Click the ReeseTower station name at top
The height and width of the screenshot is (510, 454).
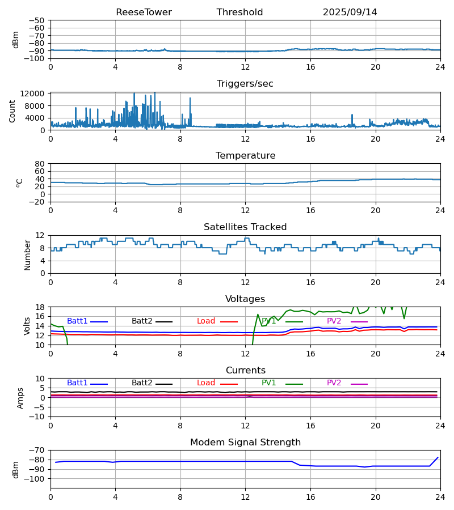[x=144, y=12]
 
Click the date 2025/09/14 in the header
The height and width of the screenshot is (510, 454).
[x=350, y=12]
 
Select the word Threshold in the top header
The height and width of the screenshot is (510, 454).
[x=239, y=12]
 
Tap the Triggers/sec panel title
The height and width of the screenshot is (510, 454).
[x=245, y=84]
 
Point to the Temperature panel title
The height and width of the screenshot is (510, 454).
[x=245, y=156]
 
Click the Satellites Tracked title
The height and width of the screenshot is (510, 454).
[x=245, y=227]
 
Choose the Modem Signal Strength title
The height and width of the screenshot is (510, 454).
[x=245, y=443]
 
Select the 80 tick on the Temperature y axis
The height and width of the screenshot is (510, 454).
[x=40, y=164]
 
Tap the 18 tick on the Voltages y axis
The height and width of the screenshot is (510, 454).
[x=40, y=307]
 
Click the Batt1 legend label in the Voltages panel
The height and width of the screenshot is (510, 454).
[x=77, y=321]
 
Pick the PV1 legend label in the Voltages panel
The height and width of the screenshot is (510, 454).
[x=269, y=321]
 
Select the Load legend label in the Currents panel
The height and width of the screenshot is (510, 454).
[x=206, y=384]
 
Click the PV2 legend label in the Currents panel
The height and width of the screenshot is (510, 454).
[x=334, y=384]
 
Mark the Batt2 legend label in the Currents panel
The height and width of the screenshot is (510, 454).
[x=142, y=384]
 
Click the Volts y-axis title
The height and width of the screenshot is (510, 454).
[x=27, y=326]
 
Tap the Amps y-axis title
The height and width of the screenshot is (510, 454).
[x=20, y=398]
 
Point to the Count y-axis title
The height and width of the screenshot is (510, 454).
[x=12, y=111]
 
